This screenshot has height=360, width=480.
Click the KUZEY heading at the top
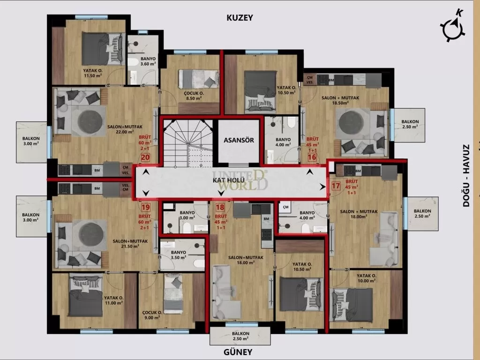coord(240,18)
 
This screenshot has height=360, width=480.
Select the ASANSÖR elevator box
coord(239,140)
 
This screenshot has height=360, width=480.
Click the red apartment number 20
coord(145,158)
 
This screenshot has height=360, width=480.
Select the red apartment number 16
coord(312,157)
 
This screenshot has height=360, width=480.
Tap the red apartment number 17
coord(336,186)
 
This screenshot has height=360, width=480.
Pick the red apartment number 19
coord(145,207)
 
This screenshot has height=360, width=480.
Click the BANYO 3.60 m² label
coord(148,61)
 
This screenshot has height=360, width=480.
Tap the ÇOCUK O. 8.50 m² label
coord(193,96)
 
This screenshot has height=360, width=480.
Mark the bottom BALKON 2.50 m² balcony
coord(240,336)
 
